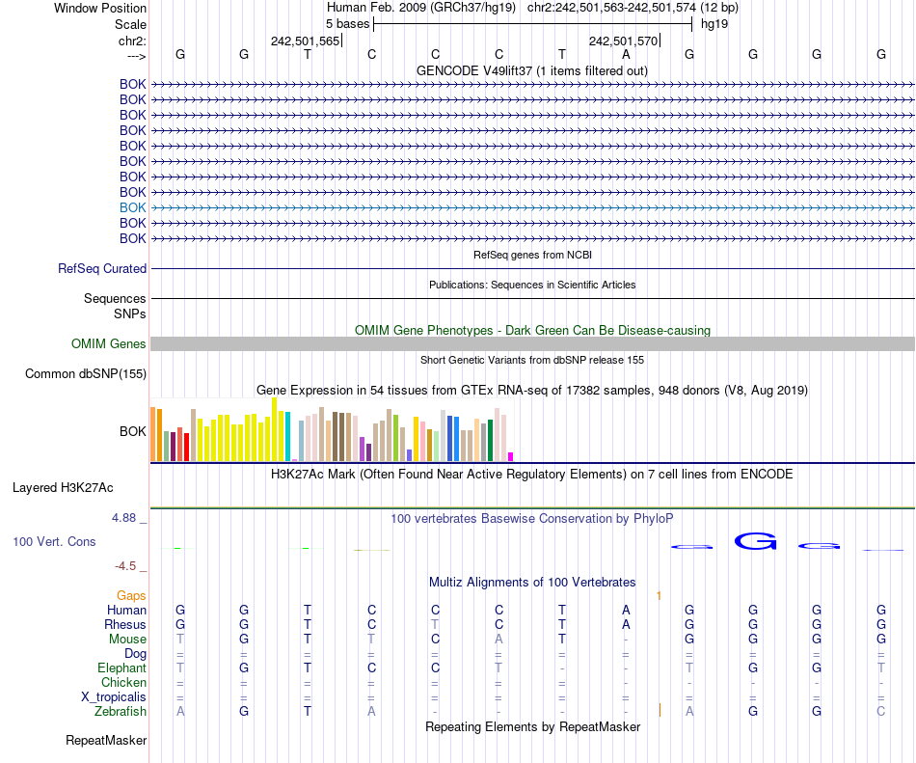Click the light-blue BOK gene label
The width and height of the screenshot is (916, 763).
tap(133, 207)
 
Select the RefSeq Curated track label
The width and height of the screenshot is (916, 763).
tap(102, 269)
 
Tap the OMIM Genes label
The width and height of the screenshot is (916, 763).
tap(109, 344)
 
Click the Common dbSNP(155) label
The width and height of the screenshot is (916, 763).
tap(86, 374)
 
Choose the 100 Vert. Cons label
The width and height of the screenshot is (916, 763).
tap(54, 542)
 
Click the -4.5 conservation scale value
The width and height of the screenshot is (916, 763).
tap(129, 566)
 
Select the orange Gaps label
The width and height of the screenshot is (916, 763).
tap(132, 596)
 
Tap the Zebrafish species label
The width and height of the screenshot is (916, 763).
tap(121, 711)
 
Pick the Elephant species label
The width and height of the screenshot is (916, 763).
tap(121, 668)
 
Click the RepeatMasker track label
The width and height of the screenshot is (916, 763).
tap(106, 741)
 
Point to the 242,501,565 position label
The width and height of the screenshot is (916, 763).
tap(305, 41)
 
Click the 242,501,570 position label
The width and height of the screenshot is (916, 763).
tap(623, 41)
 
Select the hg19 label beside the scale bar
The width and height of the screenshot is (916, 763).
tap(714, 23)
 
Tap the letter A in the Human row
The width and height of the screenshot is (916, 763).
tap(626, 610)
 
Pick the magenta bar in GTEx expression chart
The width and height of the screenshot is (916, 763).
tap(511, 456)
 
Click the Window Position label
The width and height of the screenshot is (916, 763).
tap(100, 8)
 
